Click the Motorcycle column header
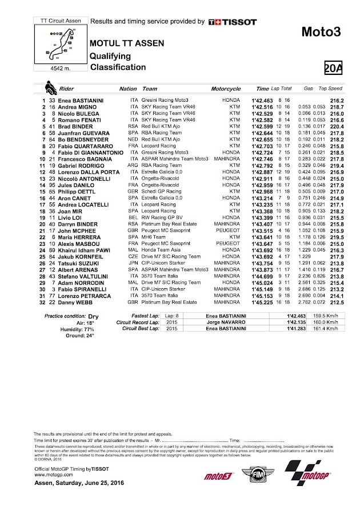(x=226, y=89)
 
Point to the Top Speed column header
(x=330, y=89)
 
